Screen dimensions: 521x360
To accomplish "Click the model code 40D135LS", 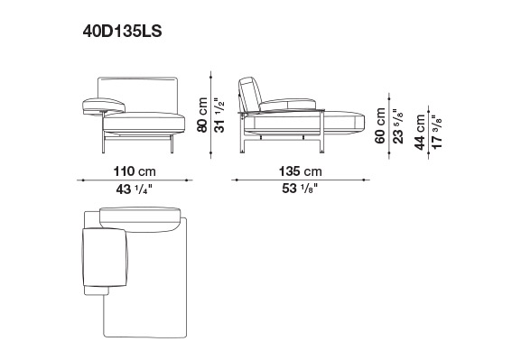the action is pos(122,32).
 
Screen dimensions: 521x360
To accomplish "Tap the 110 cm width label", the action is pos(135,171).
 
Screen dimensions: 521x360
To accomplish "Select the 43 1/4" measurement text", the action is pos(134,189).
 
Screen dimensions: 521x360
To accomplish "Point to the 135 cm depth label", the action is pos(300,171).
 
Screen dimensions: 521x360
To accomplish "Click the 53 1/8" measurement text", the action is pos(300,189).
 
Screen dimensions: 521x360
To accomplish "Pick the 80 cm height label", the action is pos(202,115).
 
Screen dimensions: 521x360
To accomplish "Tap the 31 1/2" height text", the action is pos(219,115).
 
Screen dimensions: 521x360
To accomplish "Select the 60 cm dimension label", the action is pos(380,125).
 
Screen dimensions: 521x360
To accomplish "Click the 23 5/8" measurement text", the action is pos(397,125).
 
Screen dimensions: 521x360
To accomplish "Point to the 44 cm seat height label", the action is pos(420,132).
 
